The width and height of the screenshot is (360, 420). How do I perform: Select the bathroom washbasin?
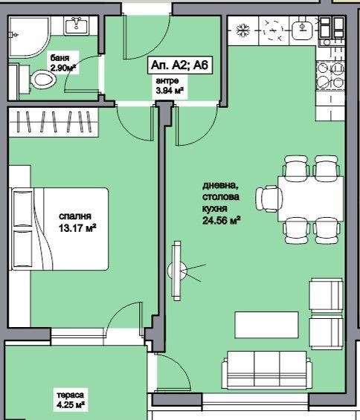(77, 27)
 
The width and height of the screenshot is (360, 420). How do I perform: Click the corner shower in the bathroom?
(28, 31)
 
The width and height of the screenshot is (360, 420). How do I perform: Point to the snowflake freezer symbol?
(241, 31)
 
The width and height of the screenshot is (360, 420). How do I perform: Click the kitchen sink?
(303, 30)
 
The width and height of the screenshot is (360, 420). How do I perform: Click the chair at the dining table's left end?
(267, 198)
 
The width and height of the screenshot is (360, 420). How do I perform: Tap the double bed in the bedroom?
(60, 230)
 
